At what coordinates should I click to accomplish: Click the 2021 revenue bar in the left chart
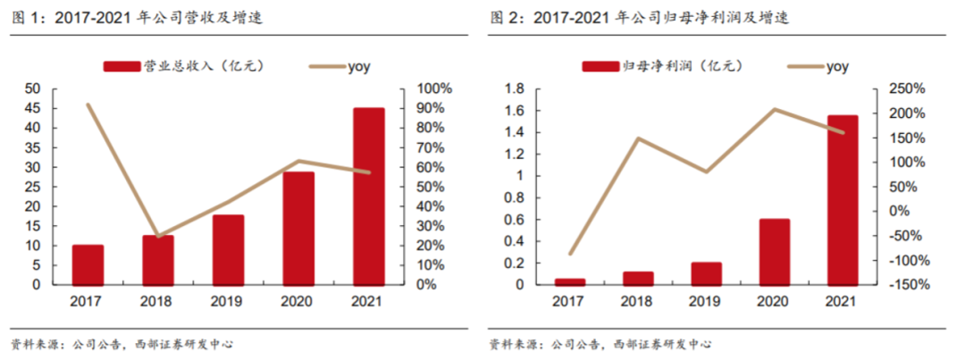[368, 197]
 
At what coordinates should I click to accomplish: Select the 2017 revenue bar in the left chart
[88, 264]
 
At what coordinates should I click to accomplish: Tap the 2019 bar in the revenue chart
[228, 249]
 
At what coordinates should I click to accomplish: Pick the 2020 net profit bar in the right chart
[775, 252]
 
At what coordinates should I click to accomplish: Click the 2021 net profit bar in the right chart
[843, 200]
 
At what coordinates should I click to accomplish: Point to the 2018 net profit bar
[637, 278]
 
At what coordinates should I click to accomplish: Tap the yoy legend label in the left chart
[359, 66]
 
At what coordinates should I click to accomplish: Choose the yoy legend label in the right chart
[837, 66]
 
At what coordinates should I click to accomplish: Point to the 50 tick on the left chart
[32, 88]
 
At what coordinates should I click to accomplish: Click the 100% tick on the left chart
[435, 88]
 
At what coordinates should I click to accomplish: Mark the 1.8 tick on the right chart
[512, 88]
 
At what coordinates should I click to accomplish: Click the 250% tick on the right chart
[906, 88]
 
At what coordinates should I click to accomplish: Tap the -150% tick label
[904, 284]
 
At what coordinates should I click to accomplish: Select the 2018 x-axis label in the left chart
[158, 302]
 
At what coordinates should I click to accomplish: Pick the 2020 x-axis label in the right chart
[775, 302]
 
